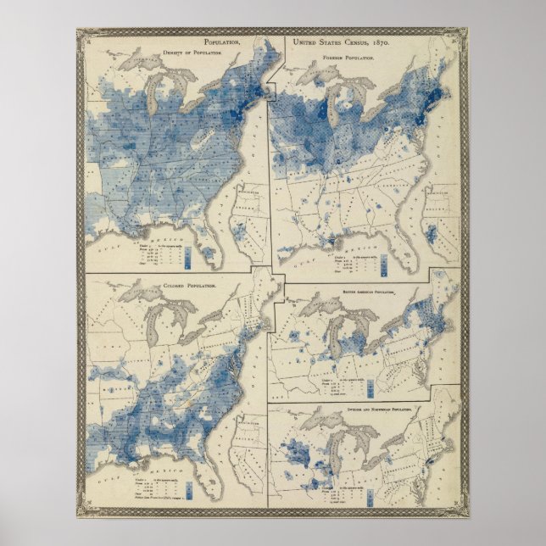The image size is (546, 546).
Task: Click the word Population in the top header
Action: click(x=220, y=42)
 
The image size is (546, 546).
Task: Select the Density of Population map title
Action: click(x=189, y=53)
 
